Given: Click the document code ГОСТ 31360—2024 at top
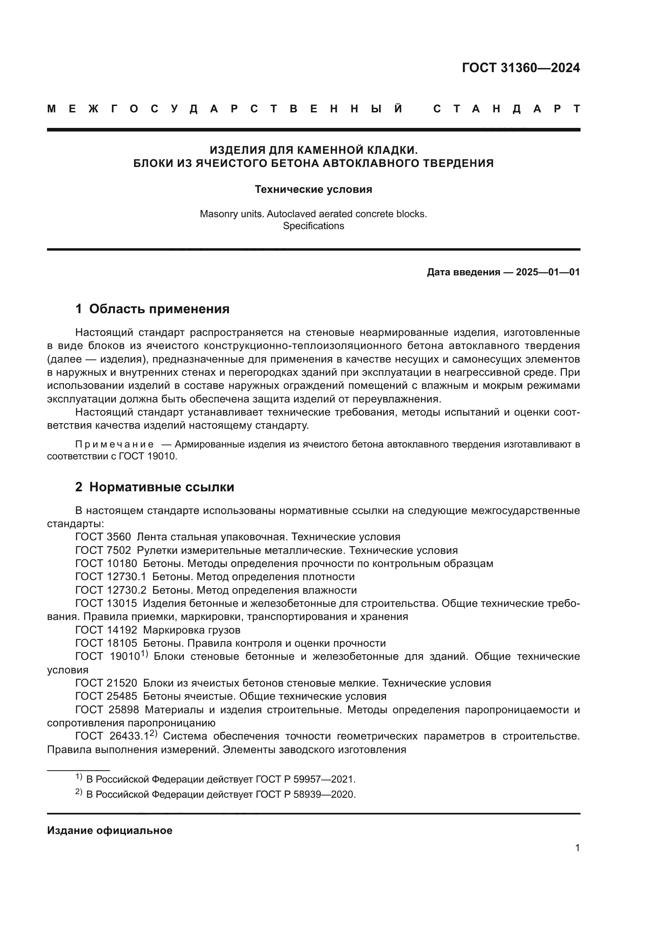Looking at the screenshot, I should click(521, 68).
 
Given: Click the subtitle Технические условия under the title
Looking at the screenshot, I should click(313, 190).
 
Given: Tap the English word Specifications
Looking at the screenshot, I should click(313, 226).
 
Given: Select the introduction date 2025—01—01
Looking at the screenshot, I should click(548, 273).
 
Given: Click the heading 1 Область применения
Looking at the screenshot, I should click(152, 309).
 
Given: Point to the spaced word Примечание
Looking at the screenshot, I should click(114, 444).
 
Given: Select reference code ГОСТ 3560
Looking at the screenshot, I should click(103, 537).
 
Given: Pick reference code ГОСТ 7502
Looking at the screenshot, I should click(103, 550).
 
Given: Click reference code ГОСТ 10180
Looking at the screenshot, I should click(106, 563).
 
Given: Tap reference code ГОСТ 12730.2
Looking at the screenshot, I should click(111, 590).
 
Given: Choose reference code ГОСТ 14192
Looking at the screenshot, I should click(106, 630).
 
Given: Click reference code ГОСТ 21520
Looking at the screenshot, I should click(106, 683).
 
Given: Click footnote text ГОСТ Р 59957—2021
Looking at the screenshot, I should click(306, 779).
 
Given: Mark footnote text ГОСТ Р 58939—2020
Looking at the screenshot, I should click(306, 795).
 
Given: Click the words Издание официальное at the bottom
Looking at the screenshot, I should click(110, 830).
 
